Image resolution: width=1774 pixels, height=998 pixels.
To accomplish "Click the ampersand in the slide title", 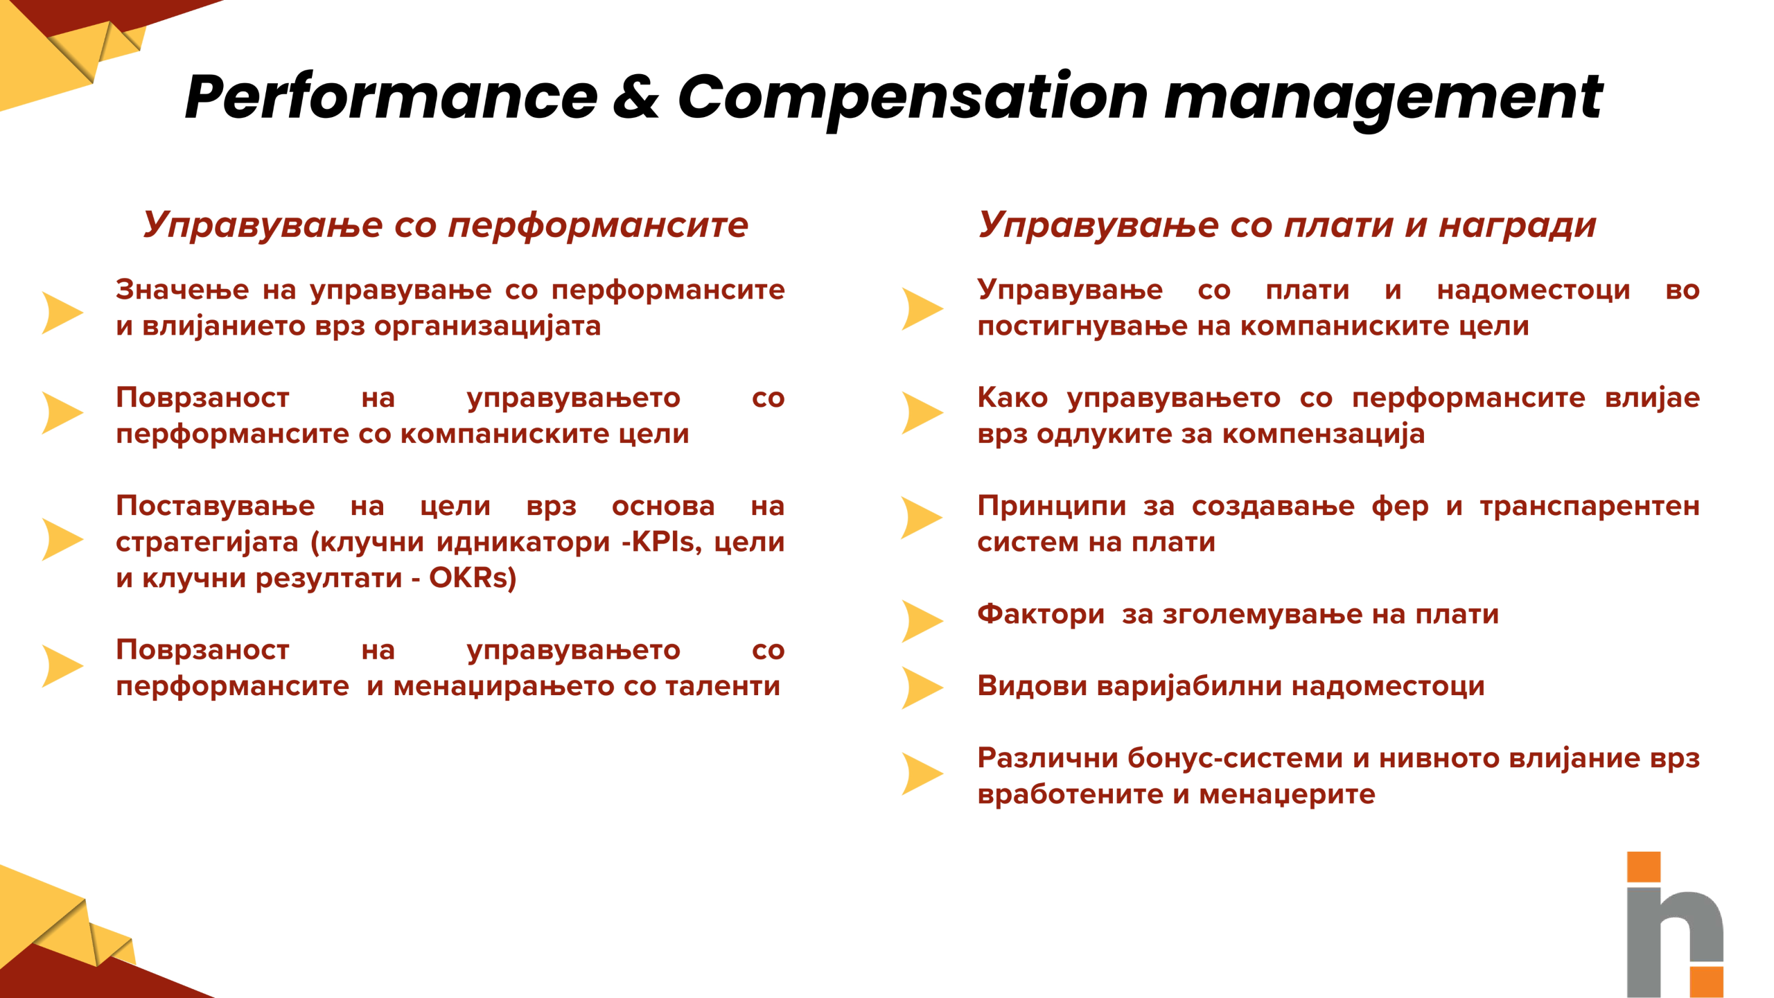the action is [x=635, y=97].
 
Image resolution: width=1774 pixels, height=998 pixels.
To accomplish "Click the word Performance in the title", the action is [x=392, y=97].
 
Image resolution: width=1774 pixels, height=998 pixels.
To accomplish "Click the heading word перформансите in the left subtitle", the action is [x=598, y=225].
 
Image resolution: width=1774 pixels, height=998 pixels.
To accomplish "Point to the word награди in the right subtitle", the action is [x=1518, y=225].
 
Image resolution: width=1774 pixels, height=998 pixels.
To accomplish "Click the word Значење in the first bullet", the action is [x=182, y=290].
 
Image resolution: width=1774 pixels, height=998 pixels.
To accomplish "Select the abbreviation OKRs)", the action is [x=473, y=578].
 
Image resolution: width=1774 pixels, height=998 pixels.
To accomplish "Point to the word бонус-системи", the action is [x=1236, y=758].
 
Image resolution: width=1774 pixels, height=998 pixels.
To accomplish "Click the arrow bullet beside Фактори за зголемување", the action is [x=922, y=621].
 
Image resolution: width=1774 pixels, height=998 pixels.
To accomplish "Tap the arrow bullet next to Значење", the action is [x=62, y=313].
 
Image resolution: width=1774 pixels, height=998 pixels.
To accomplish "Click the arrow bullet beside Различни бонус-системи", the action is [x=922, y=773].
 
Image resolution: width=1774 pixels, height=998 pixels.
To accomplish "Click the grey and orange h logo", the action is [x=1674, y=925].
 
